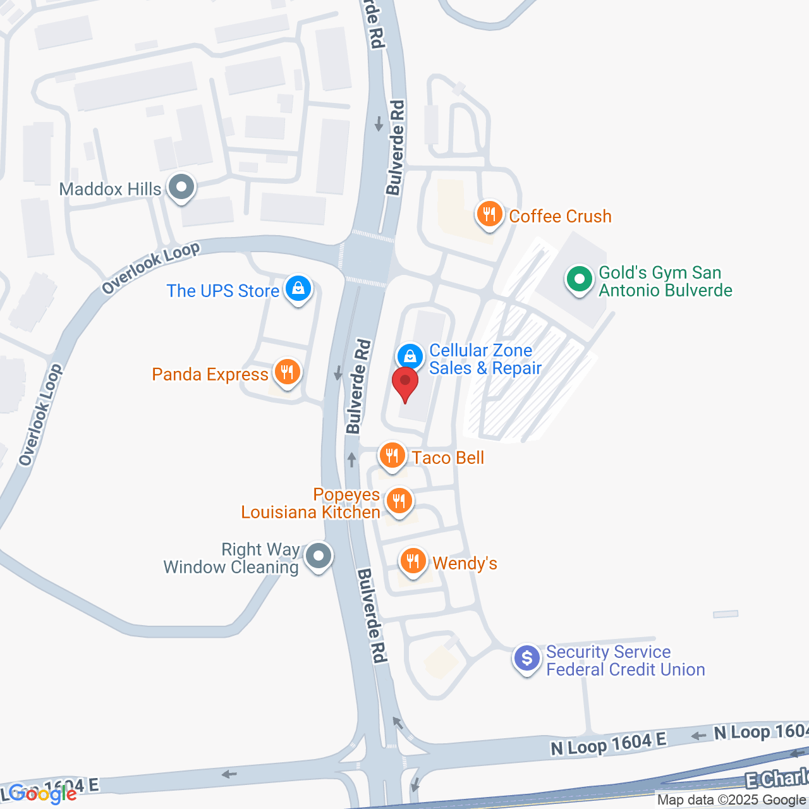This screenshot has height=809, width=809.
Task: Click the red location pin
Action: (x=405, y=382)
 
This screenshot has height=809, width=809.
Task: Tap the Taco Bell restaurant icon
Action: (x=392, y=455)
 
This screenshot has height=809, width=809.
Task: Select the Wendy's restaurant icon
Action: (x=413, y=561)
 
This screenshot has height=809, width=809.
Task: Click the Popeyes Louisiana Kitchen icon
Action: (x=399, y=501)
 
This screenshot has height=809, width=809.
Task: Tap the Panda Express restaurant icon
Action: (x=288, y=372)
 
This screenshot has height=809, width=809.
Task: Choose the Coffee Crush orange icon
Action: (x=489, y=214)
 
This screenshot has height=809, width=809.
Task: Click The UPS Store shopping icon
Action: (x=298, y=289)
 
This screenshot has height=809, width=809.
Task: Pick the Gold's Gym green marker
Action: (x=579, y=279)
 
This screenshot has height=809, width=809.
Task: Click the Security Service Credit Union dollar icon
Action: (x=527, y=659)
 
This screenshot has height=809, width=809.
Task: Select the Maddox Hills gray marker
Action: (x=182, y=187)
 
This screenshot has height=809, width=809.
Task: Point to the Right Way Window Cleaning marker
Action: (x=319, y=556)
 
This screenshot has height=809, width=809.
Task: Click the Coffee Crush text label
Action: (x=560, y=216)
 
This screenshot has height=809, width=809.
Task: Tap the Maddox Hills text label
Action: (x=111, y=189)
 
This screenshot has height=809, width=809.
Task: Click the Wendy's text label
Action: (x=465, y=563)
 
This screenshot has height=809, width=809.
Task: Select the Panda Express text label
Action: (x=210, y=374)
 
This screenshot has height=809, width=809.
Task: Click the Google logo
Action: (x=43, y=794)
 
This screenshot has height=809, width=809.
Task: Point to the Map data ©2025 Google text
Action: (x=731, y=800)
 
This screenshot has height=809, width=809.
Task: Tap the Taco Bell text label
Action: (x=447, y=458)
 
